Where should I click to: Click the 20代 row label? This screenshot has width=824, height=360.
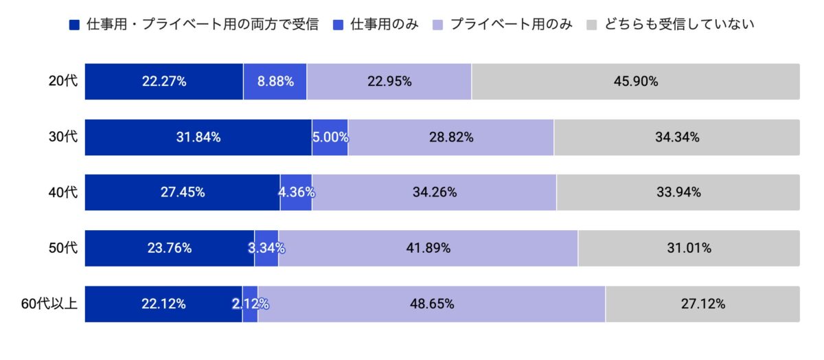63,81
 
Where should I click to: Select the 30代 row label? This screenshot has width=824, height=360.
63,137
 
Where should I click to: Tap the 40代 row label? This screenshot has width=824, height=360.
63,192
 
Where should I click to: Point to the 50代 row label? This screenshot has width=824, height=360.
63,248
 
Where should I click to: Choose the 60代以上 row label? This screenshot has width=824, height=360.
49,304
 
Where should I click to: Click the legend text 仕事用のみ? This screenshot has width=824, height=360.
384,25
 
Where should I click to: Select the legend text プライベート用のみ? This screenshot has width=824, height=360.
511,25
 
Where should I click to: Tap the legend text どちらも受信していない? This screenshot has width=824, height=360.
680,25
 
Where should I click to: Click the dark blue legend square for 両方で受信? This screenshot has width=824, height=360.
75,25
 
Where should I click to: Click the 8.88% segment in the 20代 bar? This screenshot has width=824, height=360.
275,81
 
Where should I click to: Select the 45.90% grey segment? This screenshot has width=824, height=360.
635,81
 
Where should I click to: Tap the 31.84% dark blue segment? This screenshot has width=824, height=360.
198,137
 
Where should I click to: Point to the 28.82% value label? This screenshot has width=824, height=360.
450,137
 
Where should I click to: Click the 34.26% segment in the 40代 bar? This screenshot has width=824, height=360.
434,192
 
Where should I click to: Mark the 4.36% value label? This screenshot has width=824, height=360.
297,192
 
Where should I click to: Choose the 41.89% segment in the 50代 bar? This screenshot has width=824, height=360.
428,248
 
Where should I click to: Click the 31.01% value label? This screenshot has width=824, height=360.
689,248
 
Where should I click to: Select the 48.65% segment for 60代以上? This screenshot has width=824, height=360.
431,304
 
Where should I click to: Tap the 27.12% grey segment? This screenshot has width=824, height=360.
702,304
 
